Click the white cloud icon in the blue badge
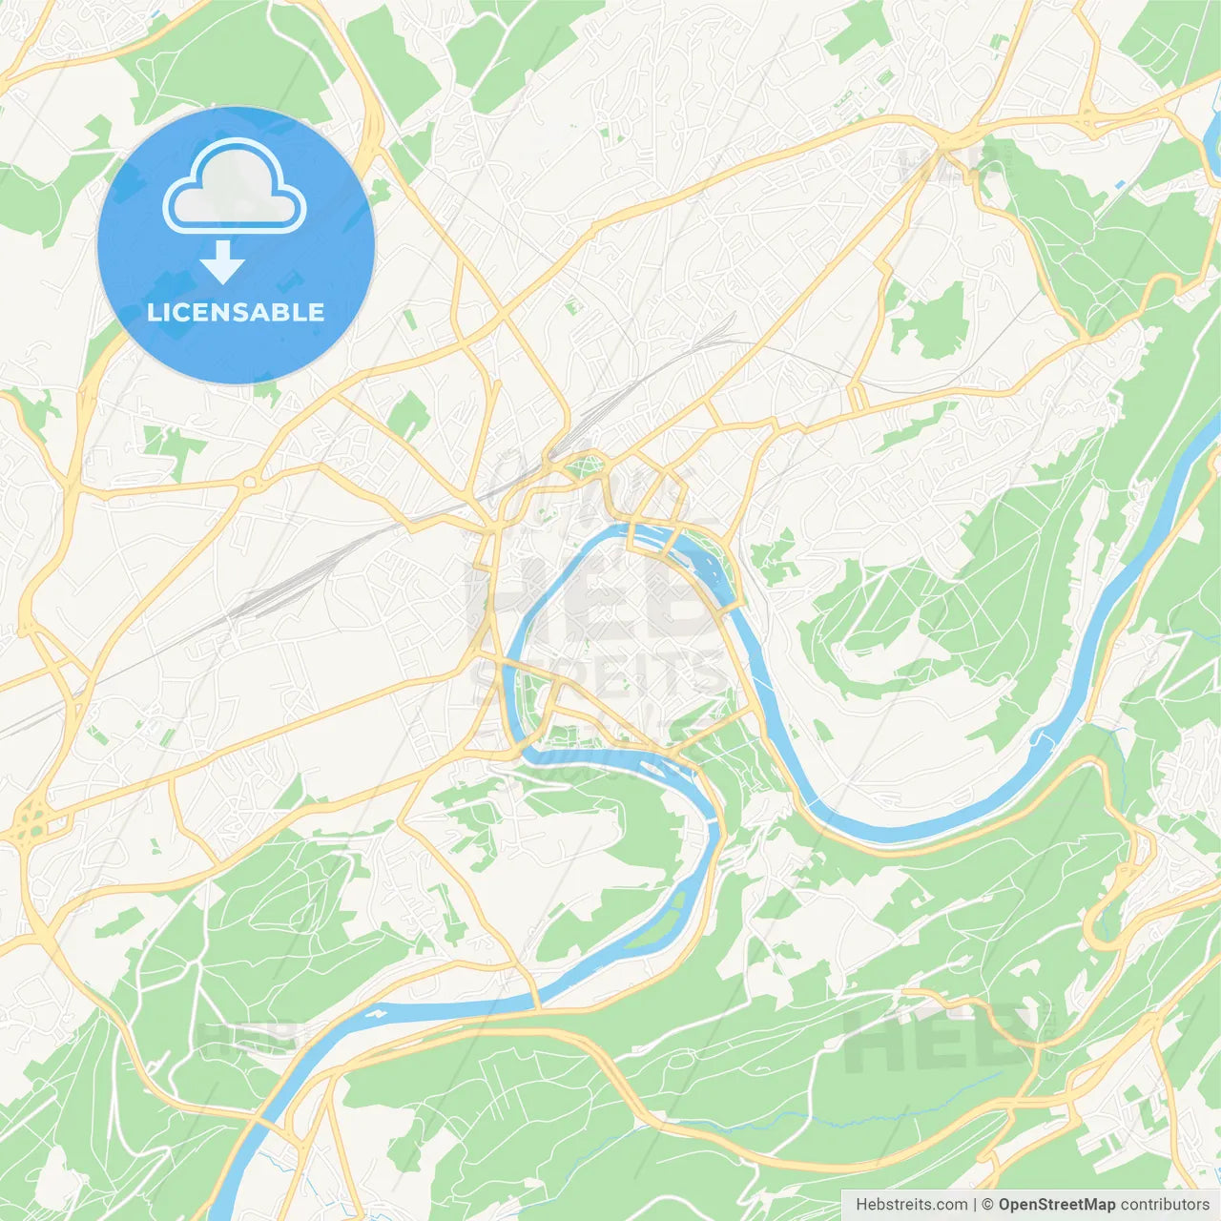pos(235,188)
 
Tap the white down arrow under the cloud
pos(222,262)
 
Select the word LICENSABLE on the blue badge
pos(236,312)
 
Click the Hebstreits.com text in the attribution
pos(911,1205)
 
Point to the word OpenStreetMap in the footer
pos(1057,1205)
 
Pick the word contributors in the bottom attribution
pos(1165,1205)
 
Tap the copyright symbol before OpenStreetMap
pos(987,1205)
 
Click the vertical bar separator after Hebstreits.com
pos(975,1205)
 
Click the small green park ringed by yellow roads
pos(584,467)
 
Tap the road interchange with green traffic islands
pos(31,820)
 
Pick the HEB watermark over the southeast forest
pos(940,1040)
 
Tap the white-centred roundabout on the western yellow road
pos(250,482)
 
